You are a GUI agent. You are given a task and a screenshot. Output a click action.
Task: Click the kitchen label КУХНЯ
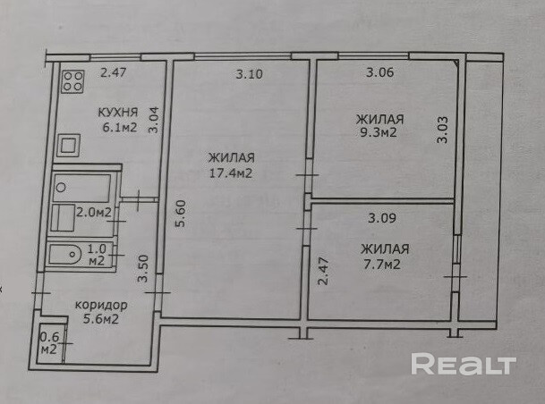tap(117, 113)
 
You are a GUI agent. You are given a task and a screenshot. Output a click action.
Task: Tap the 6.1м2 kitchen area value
tap(117, 129)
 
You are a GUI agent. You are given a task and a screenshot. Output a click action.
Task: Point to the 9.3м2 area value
tap(376, 133)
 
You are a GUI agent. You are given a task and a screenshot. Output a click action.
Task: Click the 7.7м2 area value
tap(381, 265)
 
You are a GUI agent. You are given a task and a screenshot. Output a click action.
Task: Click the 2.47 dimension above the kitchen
tap(114, 74)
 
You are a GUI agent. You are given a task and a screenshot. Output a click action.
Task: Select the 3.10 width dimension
tap(249, 75)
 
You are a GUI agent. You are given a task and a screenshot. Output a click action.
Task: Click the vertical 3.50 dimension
tap(141, 269)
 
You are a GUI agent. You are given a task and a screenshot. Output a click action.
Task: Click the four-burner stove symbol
tap(72, 85)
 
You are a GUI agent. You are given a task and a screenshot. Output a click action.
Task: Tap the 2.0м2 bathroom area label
tap(93, 213)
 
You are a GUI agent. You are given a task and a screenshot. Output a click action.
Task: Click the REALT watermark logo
tap(463, 364)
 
